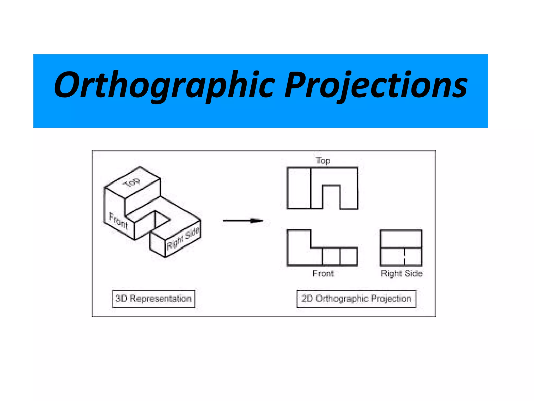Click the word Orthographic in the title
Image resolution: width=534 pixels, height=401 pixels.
(164, 85)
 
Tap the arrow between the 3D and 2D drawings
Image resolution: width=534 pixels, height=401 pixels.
(242, 221)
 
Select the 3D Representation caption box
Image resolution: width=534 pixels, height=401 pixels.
(153, 299)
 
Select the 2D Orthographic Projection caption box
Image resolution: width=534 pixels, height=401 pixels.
(356, 299)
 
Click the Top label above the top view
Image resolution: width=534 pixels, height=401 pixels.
(323, 161)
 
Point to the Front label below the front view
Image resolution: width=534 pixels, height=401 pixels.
(323, 273)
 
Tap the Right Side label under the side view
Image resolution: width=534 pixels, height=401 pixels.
(401, 273)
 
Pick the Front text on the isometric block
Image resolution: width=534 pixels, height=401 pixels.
(118, 221)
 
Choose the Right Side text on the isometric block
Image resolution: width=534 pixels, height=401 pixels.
(183, 238)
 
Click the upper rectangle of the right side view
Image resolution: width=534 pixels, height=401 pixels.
(401, 239)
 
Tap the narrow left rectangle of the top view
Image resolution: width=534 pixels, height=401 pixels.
(299, 188)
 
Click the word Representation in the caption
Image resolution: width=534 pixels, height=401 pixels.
(160, 299)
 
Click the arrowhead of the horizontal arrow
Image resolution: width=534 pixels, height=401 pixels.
(257, 221)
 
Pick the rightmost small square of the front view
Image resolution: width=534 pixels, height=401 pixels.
(349, 256)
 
